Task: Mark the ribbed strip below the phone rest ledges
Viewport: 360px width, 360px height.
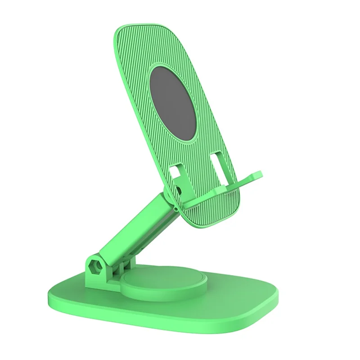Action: click(x=211, y=211)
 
